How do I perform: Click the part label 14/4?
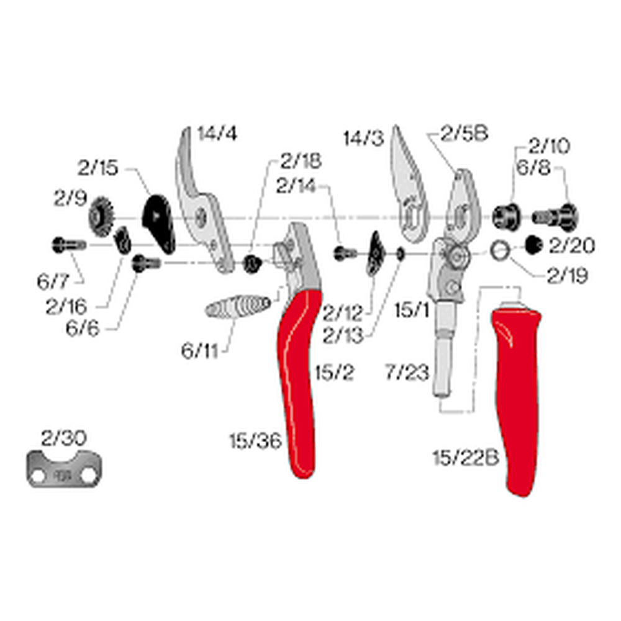click(x=218, y=133)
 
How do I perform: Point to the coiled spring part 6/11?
click(x=238, y=307)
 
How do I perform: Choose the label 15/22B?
click(x=466, y=458)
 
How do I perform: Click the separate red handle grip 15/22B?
click(x=517, y=397)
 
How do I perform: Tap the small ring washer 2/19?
click(x=499, y=250)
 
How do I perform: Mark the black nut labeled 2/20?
click(x=532, y=245)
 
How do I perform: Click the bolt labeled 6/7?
click(x=67, y=245)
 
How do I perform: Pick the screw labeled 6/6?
click(x=146, y=263)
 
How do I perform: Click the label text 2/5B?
click(x=465, y=133)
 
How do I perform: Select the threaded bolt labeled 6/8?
click(x=555, y=216)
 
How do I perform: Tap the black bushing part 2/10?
click(x=505, y=215)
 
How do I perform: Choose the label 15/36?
click(x=255, y=441)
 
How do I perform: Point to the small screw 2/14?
click(x=345, y=253)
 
